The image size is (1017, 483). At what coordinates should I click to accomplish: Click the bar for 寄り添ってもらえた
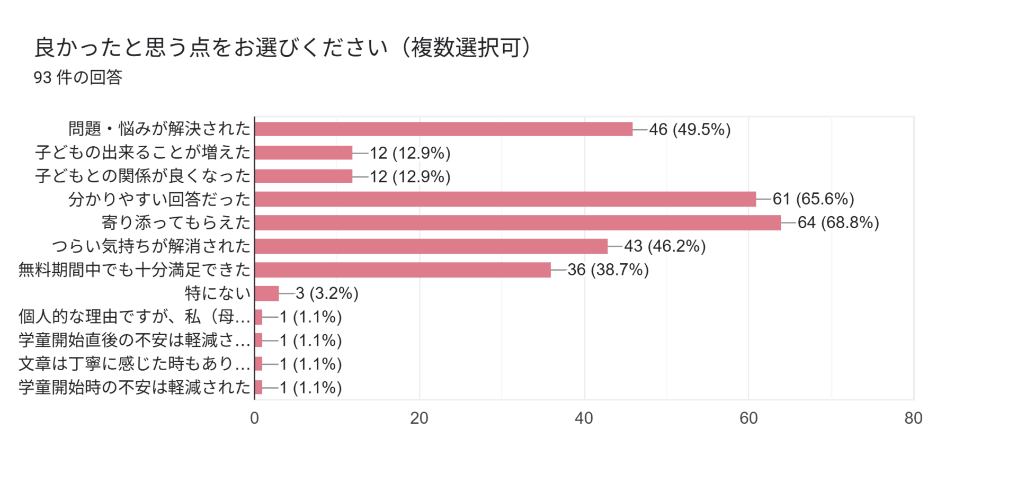click(x=518, y=222)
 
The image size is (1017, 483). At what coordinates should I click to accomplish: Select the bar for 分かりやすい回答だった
click(x=505, y=199)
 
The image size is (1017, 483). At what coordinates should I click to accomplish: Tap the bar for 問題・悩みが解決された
click(x=443, y=129)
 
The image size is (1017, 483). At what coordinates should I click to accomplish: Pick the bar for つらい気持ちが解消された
click(x=431, y=246)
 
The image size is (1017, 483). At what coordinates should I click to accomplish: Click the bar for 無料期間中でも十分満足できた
click(x=403, y=270)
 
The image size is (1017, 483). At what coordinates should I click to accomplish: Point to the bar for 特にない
click(x=267, y=293)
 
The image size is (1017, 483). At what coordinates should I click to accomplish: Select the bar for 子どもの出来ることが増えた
click(x=304, y=153)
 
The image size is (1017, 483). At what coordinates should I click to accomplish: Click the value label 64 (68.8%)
click(x=838, y=222)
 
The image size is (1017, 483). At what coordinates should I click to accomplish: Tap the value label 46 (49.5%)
click(x=690, y=129)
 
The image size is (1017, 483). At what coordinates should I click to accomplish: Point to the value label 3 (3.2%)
click(x=327, y=293)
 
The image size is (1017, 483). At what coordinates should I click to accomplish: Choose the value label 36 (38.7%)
click(x=608, y=270)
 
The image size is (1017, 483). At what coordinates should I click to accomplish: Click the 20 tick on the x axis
click(x=419, y=418)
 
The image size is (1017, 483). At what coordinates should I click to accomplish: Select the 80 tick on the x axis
click(x=913, y=418)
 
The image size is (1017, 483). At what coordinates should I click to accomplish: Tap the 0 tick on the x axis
click(x=254, y=418)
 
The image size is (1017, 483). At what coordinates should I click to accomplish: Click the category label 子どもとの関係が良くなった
click(x=142, y=176)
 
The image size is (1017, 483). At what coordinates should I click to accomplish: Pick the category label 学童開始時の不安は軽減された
click(x=134, y=387)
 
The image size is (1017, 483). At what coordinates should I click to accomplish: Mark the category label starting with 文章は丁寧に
click(x=134, y=364)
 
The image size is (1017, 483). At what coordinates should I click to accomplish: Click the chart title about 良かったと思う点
click(x=282, y=48)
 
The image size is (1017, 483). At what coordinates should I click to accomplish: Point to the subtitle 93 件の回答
click(x=78, y=77)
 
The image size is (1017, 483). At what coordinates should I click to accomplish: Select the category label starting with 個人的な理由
click(x=134, y=317)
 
